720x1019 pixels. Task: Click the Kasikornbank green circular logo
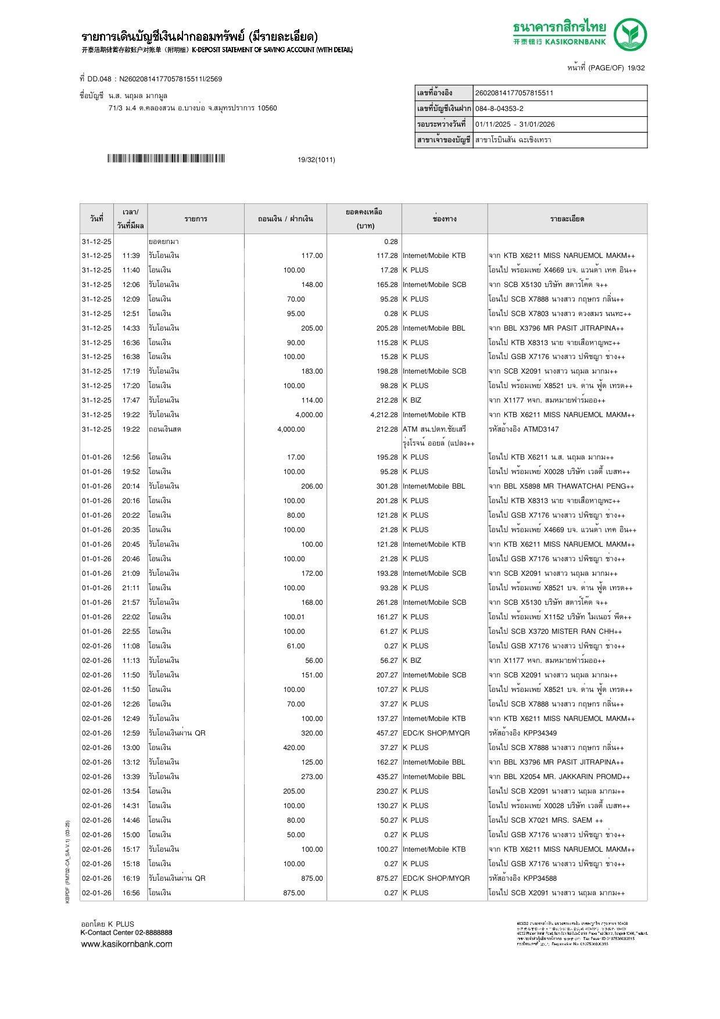click(x=630, y=34)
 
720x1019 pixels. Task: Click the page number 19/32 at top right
click(x=636, y=68)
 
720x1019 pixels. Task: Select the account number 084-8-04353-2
click(x=499, y=109)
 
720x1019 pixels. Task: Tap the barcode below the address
click(x=166, y=159)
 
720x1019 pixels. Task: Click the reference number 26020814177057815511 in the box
click(x=514, y=93)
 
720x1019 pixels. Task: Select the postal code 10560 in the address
click(x=267, y=108)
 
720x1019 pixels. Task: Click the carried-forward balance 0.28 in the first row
click(x=391, y=242)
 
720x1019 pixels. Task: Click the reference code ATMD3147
click(x=541, y=429)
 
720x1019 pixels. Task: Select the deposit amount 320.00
click(x=312, y=733)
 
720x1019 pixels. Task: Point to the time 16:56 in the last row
click(x=131, y=893)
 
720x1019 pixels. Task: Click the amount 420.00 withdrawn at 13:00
click(x=293, y=748)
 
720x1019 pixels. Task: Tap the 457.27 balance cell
click(x=387, y=733)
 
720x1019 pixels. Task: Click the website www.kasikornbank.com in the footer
click(x=127, y=944)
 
